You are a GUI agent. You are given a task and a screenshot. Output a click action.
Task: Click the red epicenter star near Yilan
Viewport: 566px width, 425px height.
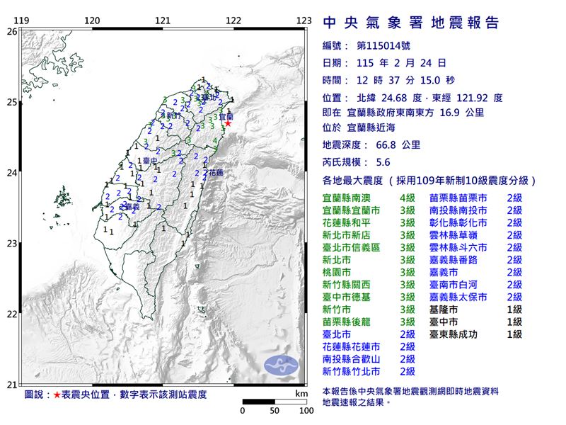point(228,123)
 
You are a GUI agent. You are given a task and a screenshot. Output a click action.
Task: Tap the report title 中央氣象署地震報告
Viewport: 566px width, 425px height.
point(411,23)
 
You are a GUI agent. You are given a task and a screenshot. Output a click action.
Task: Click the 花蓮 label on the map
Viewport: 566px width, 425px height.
point(213,172)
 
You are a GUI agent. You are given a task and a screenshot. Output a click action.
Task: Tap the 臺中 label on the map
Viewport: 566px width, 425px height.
point(149,161)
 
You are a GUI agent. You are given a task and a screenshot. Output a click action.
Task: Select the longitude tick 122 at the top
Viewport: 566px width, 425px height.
point(234,21)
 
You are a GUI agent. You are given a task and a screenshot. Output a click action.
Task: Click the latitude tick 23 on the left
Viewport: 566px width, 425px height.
point(11,244)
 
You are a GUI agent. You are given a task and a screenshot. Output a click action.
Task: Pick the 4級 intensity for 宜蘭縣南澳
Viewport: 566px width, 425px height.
point(406,198)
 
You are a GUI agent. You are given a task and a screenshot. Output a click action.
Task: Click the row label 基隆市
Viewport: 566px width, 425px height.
point(444,309)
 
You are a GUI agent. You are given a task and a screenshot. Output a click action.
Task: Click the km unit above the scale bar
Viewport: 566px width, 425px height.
point(302,392)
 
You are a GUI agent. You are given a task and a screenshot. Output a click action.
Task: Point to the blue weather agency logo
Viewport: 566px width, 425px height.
point(282,365)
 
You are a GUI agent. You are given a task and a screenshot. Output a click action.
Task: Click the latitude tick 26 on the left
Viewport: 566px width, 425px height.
point(11,31)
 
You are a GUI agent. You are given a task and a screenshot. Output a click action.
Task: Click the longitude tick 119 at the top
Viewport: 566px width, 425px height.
point(21,21)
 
